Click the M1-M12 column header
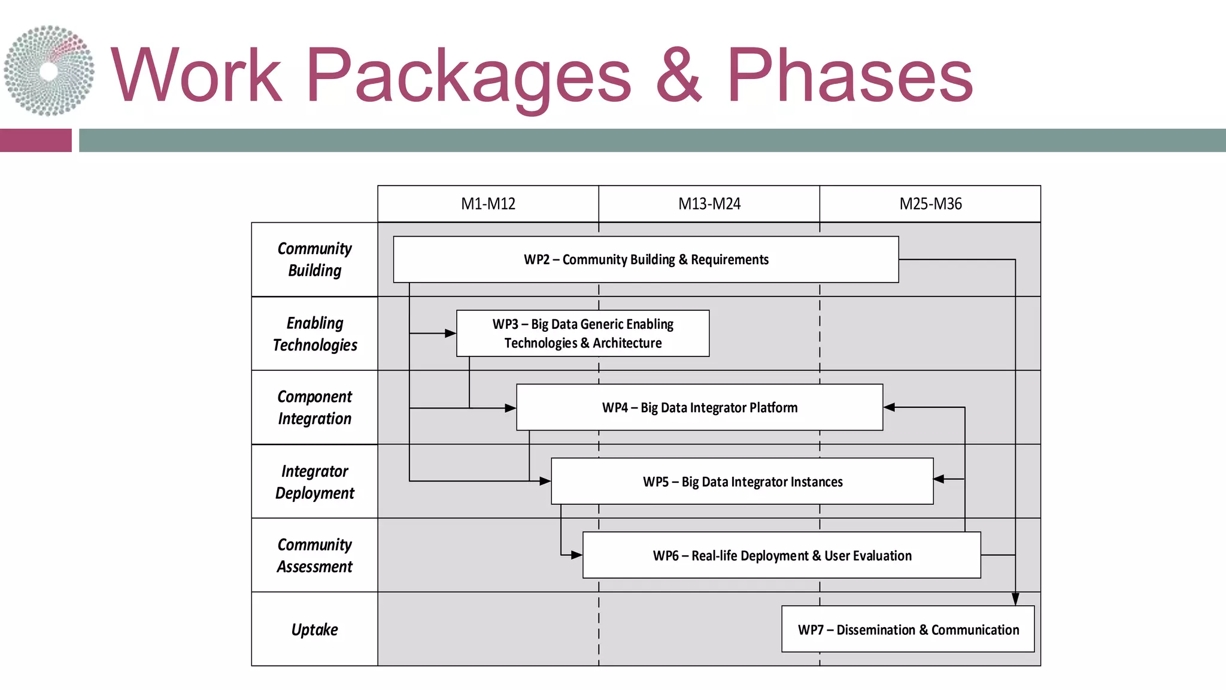488,204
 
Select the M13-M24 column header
709,204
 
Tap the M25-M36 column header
930,204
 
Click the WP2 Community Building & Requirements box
645,259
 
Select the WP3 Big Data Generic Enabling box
582,333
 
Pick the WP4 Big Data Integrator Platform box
699,407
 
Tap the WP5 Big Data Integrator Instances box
742,482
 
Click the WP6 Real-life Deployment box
781,555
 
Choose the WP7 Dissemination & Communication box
908,629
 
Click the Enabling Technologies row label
314,334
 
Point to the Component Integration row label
314,407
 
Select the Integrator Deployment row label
314,482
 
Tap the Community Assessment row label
314,555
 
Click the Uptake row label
314,629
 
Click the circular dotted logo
49,71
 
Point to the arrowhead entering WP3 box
451,333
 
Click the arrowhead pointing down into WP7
1015,599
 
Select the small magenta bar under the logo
36,140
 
